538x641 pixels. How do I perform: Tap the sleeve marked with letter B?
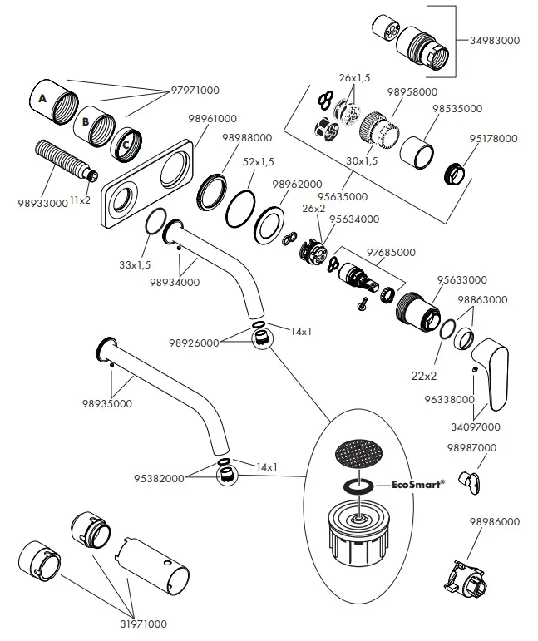[x=95, y=124]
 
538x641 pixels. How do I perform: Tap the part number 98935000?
[x=106, y=404]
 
